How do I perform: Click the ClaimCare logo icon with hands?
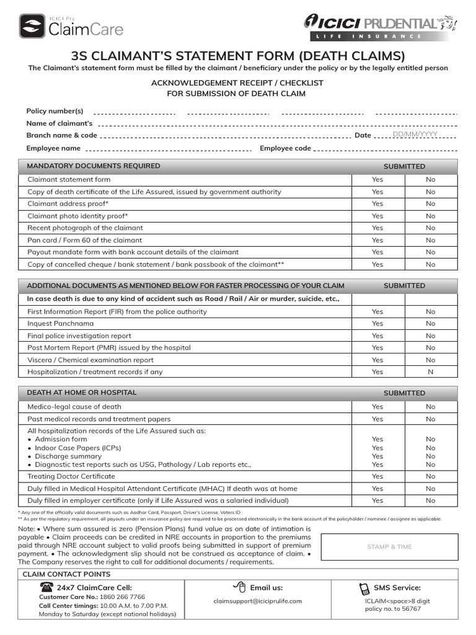point(32,26)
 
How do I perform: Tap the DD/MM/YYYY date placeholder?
point(415,134)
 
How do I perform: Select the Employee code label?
point(285,148)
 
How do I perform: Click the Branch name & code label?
point(61,135)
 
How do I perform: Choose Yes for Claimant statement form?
point(377,180)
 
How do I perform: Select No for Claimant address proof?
point(430,203)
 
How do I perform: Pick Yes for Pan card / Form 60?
point(377,240)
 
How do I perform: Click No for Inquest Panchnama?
point(430,324)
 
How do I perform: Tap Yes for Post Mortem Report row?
point(377,348)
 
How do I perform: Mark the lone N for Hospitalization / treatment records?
point(430,372)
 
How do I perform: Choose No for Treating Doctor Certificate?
point(430,476)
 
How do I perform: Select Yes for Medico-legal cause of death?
point(377,407)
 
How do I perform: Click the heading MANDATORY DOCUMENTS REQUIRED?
point(93,166)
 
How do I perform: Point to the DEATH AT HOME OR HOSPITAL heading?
point(81,393)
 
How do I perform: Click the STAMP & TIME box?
point(389,547)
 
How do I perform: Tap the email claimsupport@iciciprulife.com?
point(257,601)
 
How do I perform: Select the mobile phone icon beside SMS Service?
point(364,588)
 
